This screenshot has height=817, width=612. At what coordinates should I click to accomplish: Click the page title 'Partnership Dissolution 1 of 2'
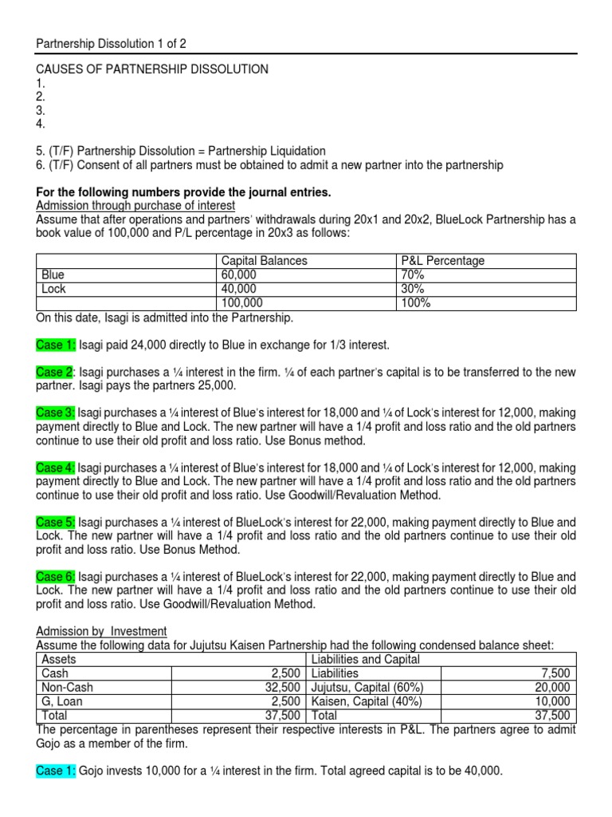tap(112, 43)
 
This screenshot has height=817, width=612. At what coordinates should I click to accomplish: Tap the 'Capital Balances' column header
tap(264, 261)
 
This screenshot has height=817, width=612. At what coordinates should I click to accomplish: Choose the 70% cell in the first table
tap(414, 274)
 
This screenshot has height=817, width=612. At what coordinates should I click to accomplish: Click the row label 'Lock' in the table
tap(53, 289)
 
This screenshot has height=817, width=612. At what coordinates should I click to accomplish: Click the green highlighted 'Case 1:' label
tap(57, 345)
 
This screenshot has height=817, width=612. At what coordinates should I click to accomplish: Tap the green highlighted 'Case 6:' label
tap(57, 576)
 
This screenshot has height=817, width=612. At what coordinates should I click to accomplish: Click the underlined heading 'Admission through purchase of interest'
tap(136, 205)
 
